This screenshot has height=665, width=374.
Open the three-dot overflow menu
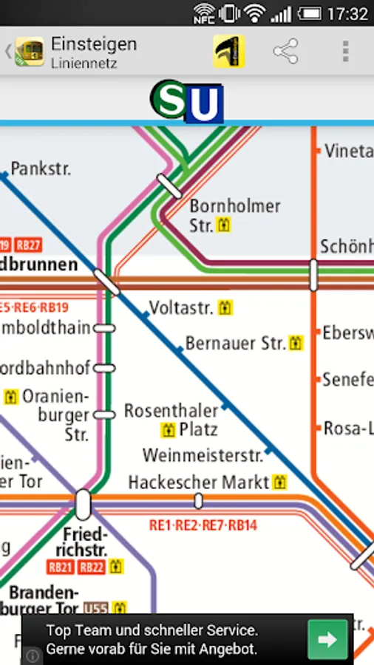(344, 51)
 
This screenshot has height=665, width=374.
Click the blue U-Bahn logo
(204, 106)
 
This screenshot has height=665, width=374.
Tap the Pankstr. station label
(41, 168)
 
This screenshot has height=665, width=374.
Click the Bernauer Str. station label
(235, 343)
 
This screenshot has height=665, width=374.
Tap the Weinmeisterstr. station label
(203, 454)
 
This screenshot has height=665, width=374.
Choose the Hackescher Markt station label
(199, 482)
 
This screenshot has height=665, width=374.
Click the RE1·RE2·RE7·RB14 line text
(203, 525)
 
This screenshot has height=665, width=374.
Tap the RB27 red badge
(29, 245)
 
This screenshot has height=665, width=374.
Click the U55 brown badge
(95, 609)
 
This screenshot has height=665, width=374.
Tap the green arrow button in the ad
(327, 639)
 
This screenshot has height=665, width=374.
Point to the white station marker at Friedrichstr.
(83, 505)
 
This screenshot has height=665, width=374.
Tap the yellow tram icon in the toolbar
(229, 51)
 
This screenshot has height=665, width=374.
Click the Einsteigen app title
(93, 44)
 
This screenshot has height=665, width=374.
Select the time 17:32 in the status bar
(347, 13)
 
